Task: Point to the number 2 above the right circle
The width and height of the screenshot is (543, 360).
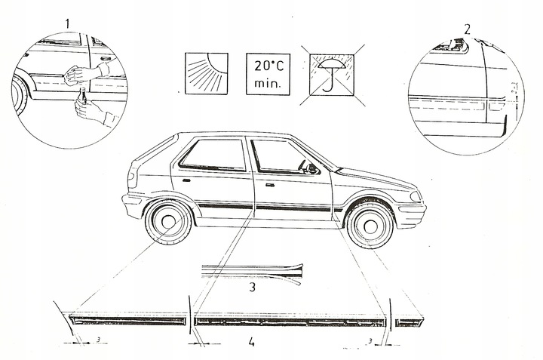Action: coord(468,29)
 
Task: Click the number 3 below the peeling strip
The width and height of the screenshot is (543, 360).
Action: coord(253,287)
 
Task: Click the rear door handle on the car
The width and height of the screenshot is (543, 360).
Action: coord(186,180)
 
